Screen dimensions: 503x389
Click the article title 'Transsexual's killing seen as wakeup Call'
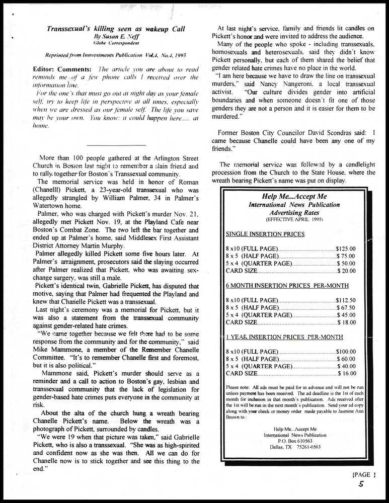point(115,30)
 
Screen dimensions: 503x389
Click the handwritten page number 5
point(362,484)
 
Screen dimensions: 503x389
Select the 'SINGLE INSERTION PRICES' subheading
point(265,234)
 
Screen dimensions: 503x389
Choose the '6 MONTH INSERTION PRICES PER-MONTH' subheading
point(287,285)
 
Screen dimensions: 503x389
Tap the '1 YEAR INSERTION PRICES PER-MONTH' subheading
point(287,337)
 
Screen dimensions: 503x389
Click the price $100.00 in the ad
point(345,351)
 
